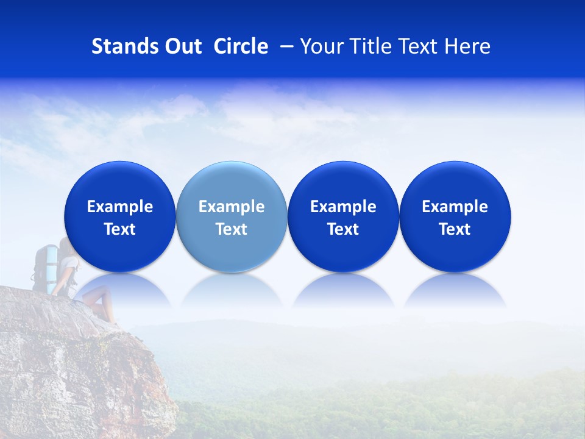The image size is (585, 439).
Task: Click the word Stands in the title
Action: (x=125, y=46)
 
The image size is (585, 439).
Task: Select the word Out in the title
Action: (x=182, y=46)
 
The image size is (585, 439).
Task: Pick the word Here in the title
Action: (x=467, y=46)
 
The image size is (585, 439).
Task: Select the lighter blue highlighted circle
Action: (x=232, y=216)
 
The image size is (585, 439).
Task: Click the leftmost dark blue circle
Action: (x=120, y=216)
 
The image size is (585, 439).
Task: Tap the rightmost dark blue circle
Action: (x=455, y=216)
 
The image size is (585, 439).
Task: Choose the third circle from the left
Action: (x=343, y=216)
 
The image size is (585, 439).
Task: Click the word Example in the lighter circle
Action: (x=232, y=207)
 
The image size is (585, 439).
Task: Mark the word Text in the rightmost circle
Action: (x=455, y=229)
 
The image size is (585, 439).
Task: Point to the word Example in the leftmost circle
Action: (x=120, y=207)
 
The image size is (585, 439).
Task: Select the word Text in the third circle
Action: (x=343, y=229)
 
